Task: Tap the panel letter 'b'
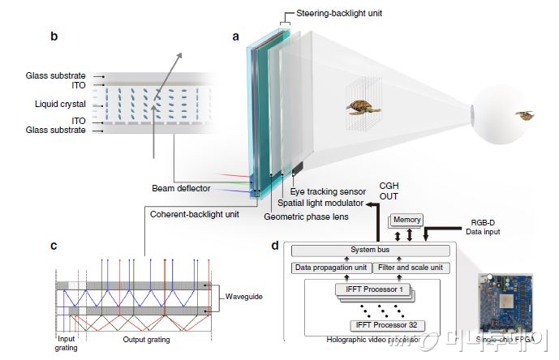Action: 53,36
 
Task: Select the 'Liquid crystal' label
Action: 60,104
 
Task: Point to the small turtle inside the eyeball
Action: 525,115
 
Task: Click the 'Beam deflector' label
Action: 181,188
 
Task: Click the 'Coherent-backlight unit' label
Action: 196,214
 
